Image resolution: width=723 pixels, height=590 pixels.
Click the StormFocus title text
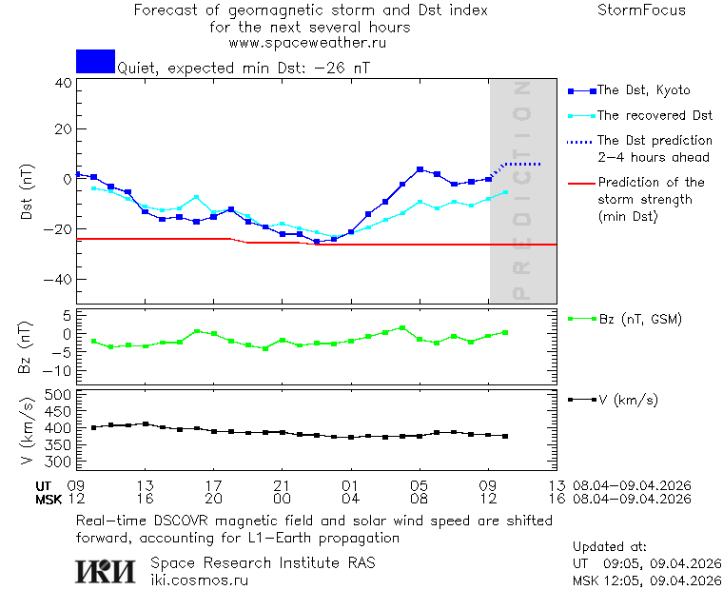641,10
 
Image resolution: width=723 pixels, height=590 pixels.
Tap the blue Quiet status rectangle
95,61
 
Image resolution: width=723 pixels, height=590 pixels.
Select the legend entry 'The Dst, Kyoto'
643,90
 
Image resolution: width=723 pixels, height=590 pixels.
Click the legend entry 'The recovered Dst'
655,115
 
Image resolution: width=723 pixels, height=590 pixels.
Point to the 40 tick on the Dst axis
63,83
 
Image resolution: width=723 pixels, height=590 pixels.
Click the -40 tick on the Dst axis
59,280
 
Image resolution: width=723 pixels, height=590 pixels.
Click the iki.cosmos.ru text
199,580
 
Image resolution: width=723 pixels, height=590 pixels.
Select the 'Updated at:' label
610,547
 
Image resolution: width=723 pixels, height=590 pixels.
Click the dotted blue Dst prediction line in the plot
521,165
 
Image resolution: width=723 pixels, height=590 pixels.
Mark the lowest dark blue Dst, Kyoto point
317,241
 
